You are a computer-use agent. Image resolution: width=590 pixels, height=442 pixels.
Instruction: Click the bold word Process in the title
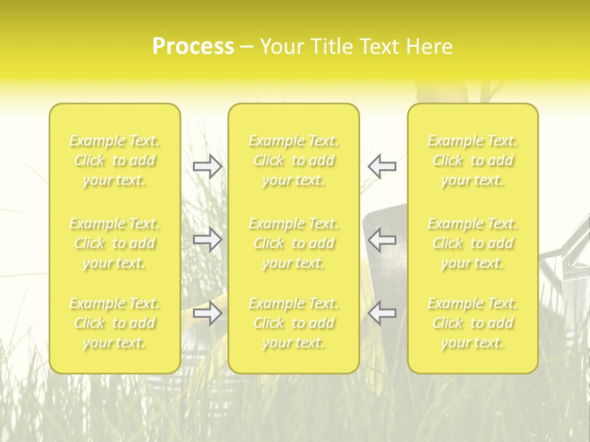click(193, 47)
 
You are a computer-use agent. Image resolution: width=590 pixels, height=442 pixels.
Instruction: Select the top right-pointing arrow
click(207, 166)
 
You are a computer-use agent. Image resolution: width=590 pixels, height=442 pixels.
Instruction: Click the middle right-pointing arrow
click(207, 239)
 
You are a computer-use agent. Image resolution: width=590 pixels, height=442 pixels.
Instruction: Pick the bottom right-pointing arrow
click(207, 313)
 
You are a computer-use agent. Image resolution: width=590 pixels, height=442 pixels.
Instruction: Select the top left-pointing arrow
click(382, 166)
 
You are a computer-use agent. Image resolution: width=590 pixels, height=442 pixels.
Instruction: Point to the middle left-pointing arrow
click(382, 239)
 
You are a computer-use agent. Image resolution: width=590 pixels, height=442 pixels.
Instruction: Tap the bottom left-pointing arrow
click(382, 313)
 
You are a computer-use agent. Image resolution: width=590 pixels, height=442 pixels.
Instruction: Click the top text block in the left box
click(114, 161)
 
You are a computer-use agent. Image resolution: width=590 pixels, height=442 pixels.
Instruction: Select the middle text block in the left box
click(114, 243)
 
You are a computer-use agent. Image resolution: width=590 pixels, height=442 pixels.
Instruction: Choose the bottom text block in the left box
click(114, 323)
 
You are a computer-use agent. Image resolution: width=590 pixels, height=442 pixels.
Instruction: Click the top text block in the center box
click(294, 161)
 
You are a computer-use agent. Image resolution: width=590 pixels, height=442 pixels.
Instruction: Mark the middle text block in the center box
click(294, 243)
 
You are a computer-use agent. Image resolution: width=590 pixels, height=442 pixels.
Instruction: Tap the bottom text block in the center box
click(294, 323)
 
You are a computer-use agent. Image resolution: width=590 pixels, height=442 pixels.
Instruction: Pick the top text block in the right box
click(473, 161)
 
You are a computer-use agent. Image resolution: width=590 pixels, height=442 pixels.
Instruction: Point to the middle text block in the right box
click(473, 243)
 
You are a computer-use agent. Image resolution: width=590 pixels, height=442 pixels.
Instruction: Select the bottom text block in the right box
click(473, 323)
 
